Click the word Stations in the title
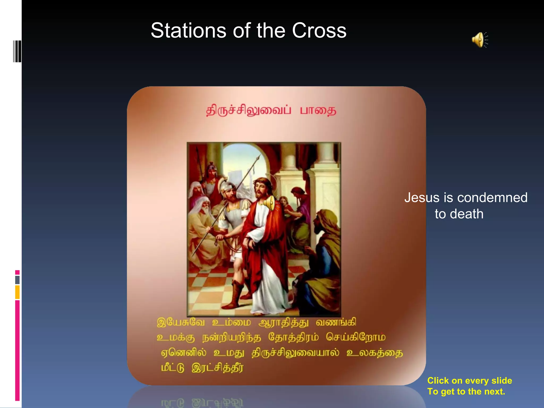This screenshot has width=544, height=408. coord(188,31)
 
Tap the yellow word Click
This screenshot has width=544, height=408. coord(438,381)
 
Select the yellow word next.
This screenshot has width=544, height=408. coord(494,392)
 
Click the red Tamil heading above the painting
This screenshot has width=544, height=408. coord(271,110)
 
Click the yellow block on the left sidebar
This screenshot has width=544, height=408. coord(17,292)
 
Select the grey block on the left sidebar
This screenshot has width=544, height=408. coord(17,280)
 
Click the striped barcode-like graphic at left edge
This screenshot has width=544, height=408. coord(17,51)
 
